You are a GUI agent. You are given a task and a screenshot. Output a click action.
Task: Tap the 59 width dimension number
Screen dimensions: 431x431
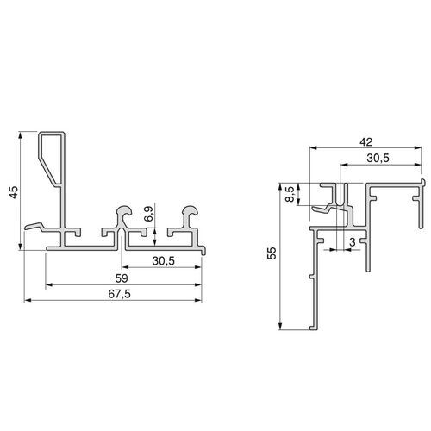(x=124, y=279)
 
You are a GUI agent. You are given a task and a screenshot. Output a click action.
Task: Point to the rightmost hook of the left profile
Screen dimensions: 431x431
(x=186, y=219)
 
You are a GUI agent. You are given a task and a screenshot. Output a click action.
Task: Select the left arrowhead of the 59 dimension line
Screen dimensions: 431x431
(x=49, y=284)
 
